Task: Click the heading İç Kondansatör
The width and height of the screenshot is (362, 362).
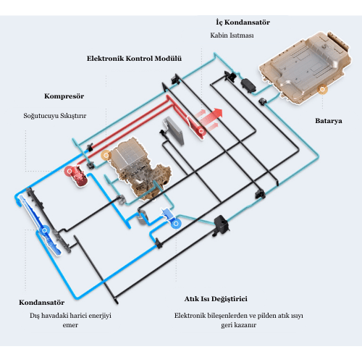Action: tap(243, 22)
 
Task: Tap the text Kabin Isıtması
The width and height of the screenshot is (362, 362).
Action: tap(232, 35)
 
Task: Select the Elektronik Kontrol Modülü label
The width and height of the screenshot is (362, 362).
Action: tap(134, 59)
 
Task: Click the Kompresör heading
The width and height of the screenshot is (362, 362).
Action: tap(64, 96)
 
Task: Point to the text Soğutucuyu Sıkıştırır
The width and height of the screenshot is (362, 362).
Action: tap(55, 116)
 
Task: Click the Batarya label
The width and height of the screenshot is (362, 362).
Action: tap(329, 121)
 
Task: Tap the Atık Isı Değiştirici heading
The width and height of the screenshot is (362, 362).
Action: tap(216, 299)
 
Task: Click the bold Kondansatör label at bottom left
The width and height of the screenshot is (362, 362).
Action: tap(42, 303)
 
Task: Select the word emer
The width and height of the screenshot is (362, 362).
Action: tap(70, 325)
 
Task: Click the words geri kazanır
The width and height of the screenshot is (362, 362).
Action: tap(238, 325)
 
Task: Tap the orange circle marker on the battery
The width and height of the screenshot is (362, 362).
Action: tap(322, 89)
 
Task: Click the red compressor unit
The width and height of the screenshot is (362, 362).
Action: tap(77, 176)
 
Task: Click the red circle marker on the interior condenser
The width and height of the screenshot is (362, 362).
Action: tap(201, 131)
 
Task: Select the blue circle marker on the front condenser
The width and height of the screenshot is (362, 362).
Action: tap(44, 230)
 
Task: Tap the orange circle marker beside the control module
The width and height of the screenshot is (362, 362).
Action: tap(106, 156)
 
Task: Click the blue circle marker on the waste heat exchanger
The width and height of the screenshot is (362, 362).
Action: tap(176, 224)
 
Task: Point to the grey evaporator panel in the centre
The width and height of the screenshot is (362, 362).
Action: tap(174, 131)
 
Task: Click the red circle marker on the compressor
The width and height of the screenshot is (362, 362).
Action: tap(70, 171)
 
